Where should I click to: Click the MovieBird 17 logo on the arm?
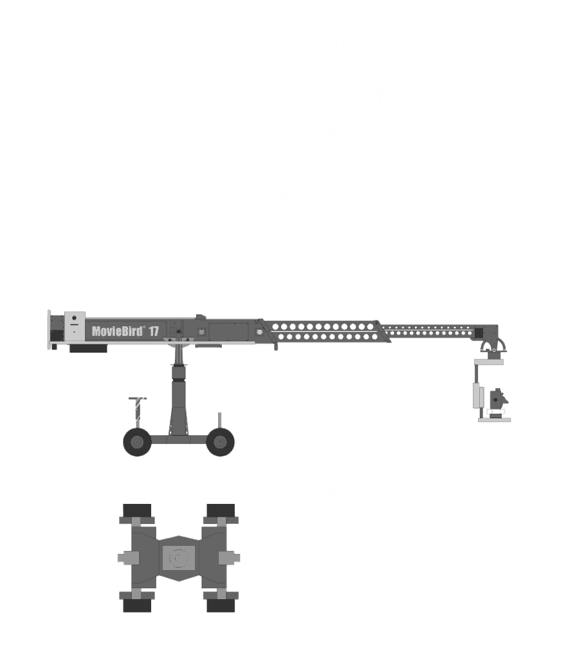click(125, 331)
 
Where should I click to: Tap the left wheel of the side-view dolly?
click(136, 441)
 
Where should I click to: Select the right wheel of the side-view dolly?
click(220, 441)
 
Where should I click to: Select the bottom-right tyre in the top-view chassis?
click(221, 604)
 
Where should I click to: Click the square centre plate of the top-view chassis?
click(178, 558)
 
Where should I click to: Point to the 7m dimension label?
click(439, 167)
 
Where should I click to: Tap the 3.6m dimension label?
click(405, 431)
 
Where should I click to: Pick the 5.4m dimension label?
click(513, 232)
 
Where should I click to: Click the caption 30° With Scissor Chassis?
click(110, 635)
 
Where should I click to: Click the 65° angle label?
click(262, 297)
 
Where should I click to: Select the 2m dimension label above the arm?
click(78, 205)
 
